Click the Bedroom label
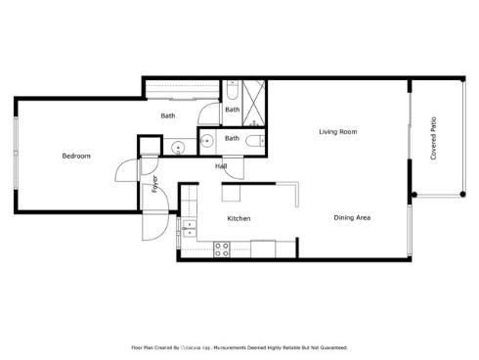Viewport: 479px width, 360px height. click(x=76, y=156)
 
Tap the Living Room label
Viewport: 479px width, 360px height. click(x=337, y=131)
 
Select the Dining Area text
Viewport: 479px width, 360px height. click(x=352, y=217)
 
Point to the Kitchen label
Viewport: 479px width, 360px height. click(x=239, y=218)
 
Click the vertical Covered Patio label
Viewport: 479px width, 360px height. click(x=433, y=139)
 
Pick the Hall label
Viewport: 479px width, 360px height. click(x=222, y=166)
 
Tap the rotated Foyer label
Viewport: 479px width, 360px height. click(x=154, y=185)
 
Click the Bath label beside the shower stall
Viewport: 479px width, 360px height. click(x=232, y=110)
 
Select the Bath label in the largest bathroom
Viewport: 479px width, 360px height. click(x=168, y=116)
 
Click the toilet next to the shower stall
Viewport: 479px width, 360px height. click(x=232, y=91)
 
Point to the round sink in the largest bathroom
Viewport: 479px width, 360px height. click(x=177, y=149)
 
